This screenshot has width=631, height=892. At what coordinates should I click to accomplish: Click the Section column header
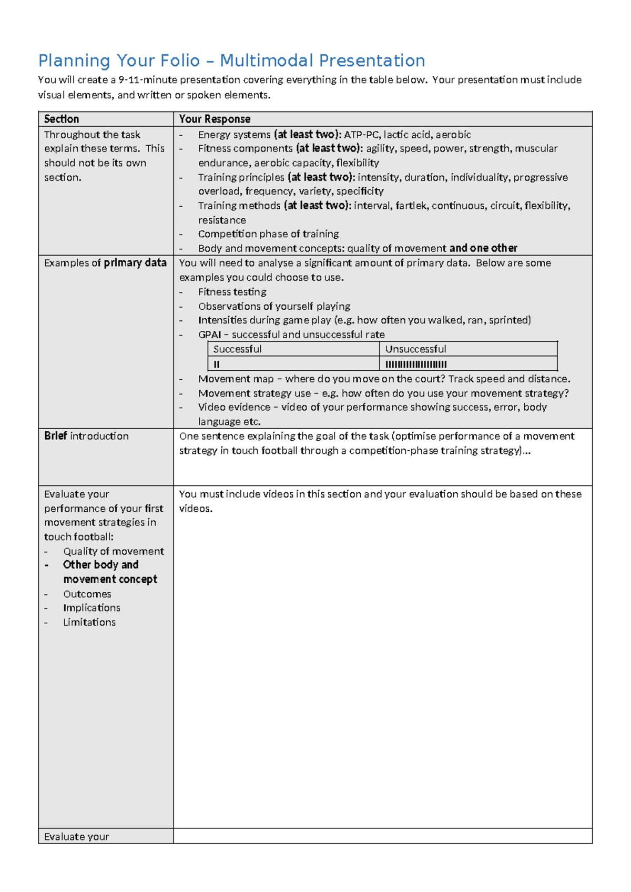tap(62, 119)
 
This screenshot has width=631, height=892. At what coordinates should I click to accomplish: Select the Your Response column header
tap(215, 119)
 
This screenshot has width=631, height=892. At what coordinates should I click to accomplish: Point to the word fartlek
tap(410, 206)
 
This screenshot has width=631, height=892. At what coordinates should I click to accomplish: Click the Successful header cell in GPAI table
tap(237, 349)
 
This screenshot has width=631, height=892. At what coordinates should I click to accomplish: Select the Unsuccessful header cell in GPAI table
tap(415, 349)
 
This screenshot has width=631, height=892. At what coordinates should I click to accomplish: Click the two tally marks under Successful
tap(217, 364)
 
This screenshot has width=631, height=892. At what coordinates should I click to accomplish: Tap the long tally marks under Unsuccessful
tap(416, 364)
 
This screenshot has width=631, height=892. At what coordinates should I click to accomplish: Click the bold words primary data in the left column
tap(135, 263)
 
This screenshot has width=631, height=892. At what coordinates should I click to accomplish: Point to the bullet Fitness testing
tap(232, 292)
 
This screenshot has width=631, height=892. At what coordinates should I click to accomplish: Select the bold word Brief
tap(55, 436)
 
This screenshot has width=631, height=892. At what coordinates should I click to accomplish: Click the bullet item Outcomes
tap(87, 594)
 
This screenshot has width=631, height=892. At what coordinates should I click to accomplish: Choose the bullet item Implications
tap(91, 608)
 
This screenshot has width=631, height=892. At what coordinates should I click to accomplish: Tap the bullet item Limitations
tap(89, 622)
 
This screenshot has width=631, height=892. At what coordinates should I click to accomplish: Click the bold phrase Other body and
tap(100, 565)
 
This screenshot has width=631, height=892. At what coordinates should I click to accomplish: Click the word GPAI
tap(209, 335)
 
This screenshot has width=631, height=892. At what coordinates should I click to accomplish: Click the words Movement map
tap(236, 379)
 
